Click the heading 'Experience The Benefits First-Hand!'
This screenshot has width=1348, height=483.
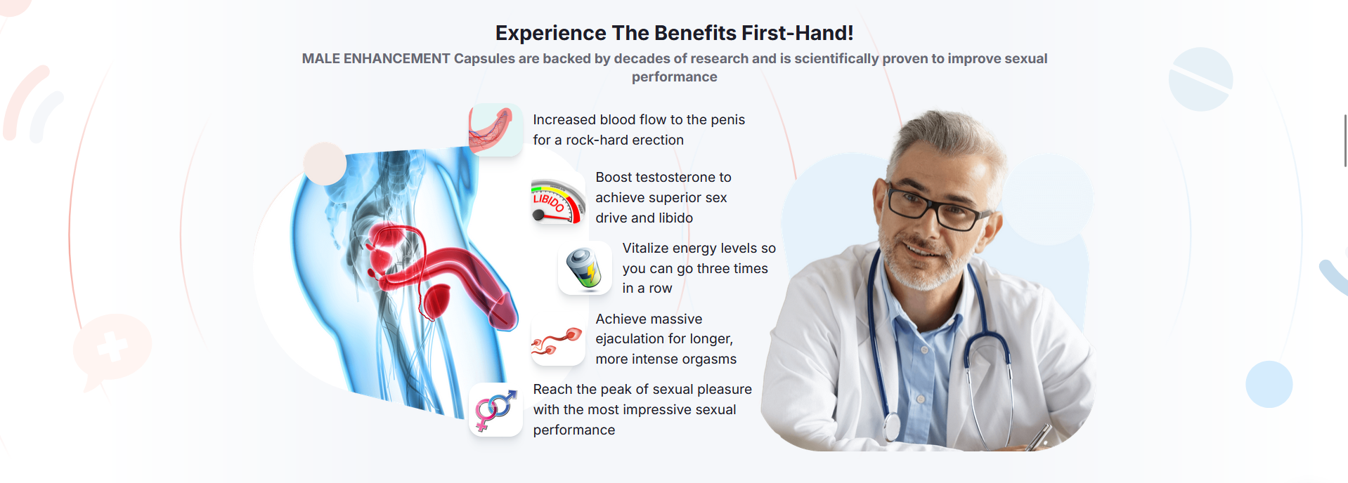pyautogui.click(x=674, y=33)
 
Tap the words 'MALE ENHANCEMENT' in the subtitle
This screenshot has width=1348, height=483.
pyautogui.click(x=376, y=58)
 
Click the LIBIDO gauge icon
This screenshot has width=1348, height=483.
pyautogui.click(x=558, y=201)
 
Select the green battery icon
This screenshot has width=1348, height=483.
pyautogui.click(x=585, y=269)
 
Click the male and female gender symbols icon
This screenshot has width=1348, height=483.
pyautogui.click(x=495, y=410)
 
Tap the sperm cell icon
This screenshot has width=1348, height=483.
pyautogui.click(x=557, y=340)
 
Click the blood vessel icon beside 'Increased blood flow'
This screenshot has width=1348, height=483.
pyautogui.click(x=495, y=130)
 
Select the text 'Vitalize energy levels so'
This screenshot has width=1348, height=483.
pyautogui.click(x=699, y=249)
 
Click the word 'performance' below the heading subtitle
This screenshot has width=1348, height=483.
pyautogui.click(x=674, y=77)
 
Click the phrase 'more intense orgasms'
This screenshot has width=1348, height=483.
pyautogui.click(x=666, y=359)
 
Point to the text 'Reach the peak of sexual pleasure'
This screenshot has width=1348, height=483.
pyautogui.click(x=642, y=390)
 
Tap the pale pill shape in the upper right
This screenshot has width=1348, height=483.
pyautogui.click(x=1200, y=79)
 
